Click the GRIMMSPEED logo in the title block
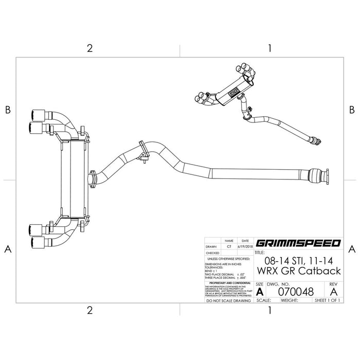pyautogui.click(x=297, y=243)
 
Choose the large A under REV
pyautogui.click(x=333, y=291)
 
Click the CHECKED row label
pyautogui.click(x=212, y=253)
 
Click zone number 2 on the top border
pyautogui.click(x=89, y=49)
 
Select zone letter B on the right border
pyautogui.click(x=352, y=110)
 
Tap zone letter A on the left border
pyautogui.click(x=8, y=249)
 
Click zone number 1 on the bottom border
pyautogui.click(x=269, y=310)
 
